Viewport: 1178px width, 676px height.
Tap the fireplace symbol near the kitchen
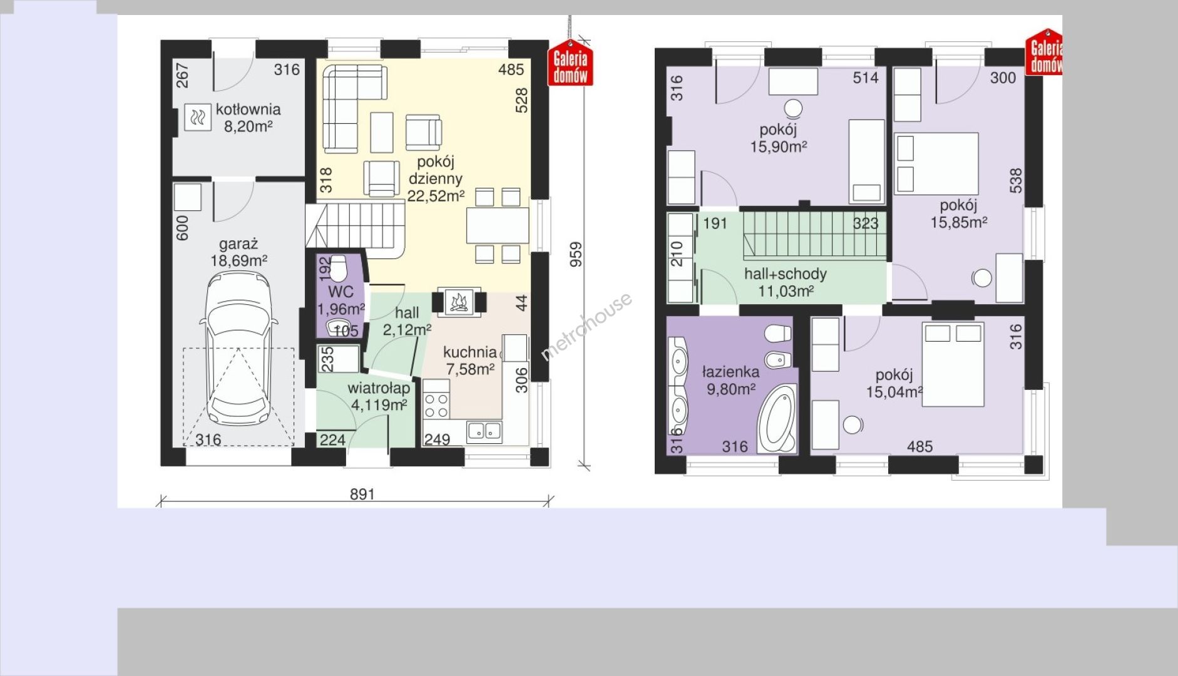[459, 302]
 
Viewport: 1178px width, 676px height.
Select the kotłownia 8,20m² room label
[248, 118]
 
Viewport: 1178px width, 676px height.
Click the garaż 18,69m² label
[238, 252]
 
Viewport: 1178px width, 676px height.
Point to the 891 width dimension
[362, 494]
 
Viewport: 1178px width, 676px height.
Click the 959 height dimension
[576, 254]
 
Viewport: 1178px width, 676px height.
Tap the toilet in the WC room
[339, 269]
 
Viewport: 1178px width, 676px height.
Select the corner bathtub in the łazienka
[777, 418]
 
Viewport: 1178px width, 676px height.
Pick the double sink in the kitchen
[484, 431]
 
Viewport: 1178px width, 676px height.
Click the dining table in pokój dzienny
[498, 225]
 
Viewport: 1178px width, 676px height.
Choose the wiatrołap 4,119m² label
[379, 396]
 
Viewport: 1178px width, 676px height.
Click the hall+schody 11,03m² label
[786, 282]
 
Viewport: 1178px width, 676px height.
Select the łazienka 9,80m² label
[730, 380]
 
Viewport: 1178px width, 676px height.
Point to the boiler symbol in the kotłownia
[198, 117]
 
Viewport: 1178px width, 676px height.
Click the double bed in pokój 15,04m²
[953, 364]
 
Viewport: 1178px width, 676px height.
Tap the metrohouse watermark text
[586, 327]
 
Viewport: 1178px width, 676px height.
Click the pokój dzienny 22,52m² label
[436, 179]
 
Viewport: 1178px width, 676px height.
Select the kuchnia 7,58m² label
[469, 361]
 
